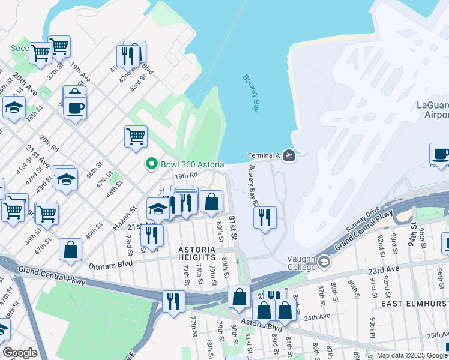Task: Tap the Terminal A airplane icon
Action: (x=289, y=155)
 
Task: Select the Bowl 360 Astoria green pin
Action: (x=151, y=164)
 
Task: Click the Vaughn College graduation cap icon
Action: (x=324, y=261)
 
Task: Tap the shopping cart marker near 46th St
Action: (x=136, y=136)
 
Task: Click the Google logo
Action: (x=20, y=353)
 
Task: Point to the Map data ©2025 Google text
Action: (x=412, y=355)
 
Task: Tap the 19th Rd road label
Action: (x=186, y=176)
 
